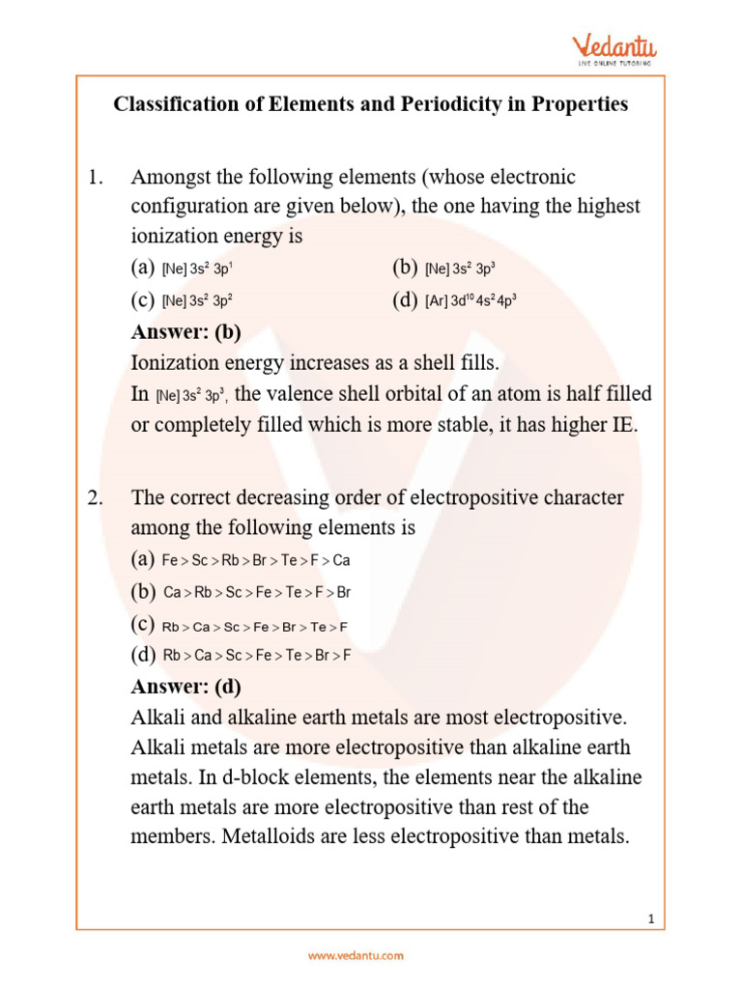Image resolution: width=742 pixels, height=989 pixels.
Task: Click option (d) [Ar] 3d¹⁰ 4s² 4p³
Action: pyautogui.click(x=471, y=300)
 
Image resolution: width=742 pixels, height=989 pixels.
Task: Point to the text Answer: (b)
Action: pyautogui.click(x=185, y=332)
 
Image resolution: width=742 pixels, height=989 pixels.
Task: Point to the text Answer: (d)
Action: pyautogui.click(x=185, y=687)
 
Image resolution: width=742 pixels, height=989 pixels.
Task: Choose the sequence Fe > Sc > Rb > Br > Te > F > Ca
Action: pyautogui.click(x=255, y=560)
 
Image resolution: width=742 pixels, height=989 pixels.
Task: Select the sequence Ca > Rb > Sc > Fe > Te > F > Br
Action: pyautogui.click(x=255, y=592)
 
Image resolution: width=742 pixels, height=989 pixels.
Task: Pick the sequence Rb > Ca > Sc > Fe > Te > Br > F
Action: pyautogui.click(x=255, y=656)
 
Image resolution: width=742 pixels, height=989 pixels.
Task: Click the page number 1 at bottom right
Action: pyautogui.click(x=652, y=919)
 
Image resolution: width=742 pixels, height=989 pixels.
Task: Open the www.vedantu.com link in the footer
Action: pyautogui.click(x=356, y=956)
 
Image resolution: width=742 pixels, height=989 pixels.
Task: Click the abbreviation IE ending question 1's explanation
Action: pyautogui.click(x=622, y=425)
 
